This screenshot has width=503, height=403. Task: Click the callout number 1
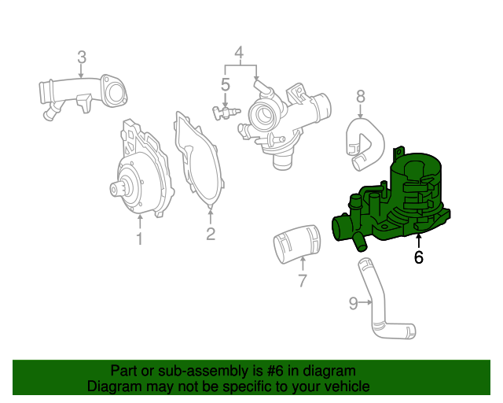(x=139, y=238)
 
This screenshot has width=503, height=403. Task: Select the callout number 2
(x=211, y=234)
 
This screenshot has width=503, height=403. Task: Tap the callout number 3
(x=82, y=57)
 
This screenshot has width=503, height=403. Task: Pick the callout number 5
(x=225, y=84)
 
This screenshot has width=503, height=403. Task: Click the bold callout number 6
(x=418, y=257)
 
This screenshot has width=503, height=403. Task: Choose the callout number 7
(x=303, y=281)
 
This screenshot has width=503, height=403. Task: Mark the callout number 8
(x=361, y=96)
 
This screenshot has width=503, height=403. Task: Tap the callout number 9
(x=353, y=302)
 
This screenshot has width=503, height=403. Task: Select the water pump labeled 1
(x=141, y=173)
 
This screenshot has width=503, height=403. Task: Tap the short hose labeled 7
(x=298, y=243)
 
